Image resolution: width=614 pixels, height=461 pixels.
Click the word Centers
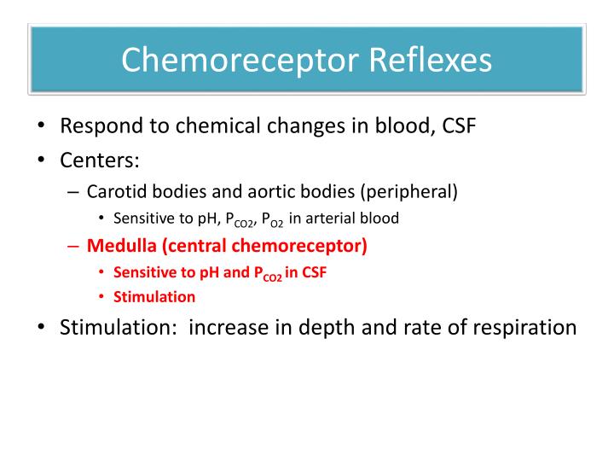pyautogui.click(x=99, y=160)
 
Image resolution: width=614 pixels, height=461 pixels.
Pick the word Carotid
pyautogui.click(x=113, y=190)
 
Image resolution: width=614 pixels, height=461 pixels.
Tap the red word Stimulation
pyautogui.click(x=153, y=297)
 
